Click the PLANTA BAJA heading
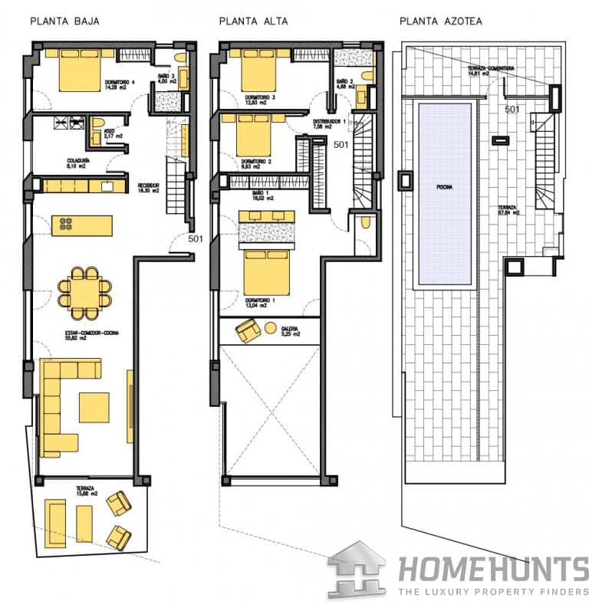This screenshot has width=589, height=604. click(x=64, y=21)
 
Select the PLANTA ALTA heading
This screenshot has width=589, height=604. click(x=253, y=21)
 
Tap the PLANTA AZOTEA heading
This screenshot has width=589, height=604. click(x=441, y=21)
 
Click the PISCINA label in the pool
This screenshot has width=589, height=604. click(x=444, y=185)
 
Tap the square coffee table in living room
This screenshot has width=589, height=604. click(x=94, y=408)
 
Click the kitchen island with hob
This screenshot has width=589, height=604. click(x=81, y=225)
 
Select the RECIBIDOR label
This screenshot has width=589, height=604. click(x=148, y=185)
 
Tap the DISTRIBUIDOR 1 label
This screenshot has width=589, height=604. click(x=329, y=123)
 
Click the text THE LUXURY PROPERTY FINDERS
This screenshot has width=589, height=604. click(x=492, y=592)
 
